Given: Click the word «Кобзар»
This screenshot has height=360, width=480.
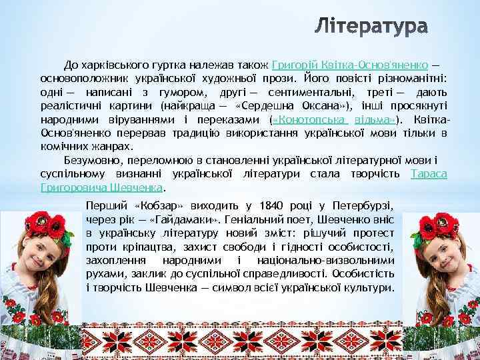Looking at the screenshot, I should tap(150, 203).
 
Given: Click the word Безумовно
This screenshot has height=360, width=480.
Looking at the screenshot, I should tap(93, 161).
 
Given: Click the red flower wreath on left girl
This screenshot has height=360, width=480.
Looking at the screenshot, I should tap(40, 220).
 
